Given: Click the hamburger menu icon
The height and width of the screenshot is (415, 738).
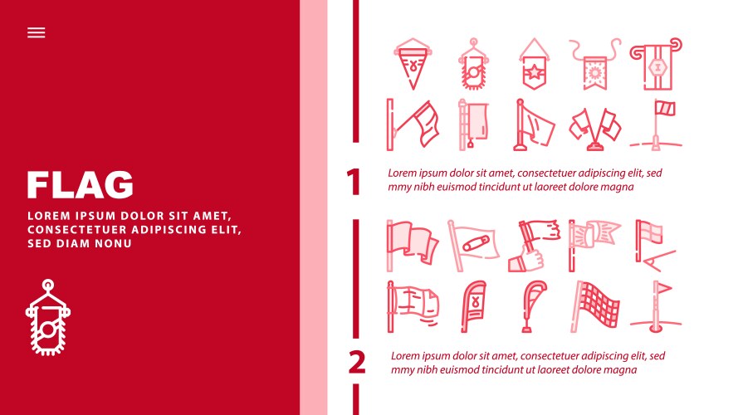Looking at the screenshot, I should point(36,32).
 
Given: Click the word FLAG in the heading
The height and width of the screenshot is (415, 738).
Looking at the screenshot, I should point(80,185).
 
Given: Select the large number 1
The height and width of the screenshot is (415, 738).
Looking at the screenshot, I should point(354,183).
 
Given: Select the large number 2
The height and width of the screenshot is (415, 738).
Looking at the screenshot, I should point(356,363).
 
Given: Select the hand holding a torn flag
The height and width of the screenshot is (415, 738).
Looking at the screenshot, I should point(531,245).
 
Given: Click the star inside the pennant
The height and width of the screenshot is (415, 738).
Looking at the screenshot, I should point(531,71).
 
